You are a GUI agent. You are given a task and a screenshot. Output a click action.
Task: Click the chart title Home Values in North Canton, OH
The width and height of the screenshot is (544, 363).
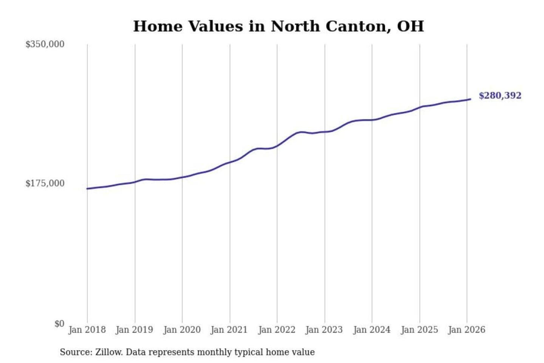[278, 26]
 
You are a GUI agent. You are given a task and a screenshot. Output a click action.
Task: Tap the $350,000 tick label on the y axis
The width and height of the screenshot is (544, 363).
[45, 44]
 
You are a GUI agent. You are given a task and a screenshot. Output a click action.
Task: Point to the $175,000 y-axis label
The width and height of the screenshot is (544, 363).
[45, 183]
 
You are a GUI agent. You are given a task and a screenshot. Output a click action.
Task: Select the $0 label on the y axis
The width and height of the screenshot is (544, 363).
[59, 324]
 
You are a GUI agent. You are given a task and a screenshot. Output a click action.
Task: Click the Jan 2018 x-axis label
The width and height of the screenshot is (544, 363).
[87, 330]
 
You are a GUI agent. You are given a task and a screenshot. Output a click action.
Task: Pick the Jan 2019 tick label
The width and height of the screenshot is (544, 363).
[134, 330]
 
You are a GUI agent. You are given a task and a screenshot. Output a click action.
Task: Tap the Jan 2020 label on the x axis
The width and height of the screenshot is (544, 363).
[182, 330]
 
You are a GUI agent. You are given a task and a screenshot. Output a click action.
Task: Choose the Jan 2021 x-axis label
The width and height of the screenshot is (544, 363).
[229, 330]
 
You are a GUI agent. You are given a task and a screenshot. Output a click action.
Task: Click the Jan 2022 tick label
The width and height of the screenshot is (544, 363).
[277, 330]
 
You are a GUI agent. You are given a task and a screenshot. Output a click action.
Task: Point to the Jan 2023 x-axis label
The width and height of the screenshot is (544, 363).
[324, 330]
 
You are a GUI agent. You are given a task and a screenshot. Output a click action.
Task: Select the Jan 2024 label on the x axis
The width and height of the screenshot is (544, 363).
[371, 330]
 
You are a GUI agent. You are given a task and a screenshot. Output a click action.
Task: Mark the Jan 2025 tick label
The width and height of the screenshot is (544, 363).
[419, 330]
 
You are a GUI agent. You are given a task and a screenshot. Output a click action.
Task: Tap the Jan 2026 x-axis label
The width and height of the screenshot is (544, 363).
[466, 330]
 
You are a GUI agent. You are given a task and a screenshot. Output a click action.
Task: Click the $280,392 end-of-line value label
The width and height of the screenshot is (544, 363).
[500, 96]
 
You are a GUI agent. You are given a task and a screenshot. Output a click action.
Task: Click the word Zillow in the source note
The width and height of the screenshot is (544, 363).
[108, 352]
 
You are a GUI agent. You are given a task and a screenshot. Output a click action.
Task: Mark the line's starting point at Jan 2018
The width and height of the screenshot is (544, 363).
[87, 188]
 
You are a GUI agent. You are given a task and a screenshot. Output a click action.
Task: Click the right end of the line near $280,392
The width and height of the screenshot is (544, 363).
[470, 99]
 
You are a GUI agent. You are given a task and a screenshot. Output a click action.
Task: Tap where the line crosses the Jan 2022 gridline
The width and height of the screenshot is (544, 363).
[277, 146]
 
